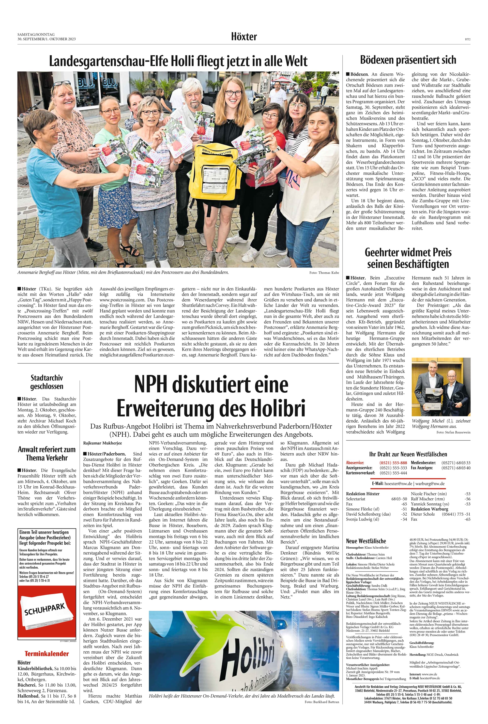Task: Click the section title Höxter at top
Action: coord(244,37)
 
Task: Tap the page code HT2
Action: coord(467,39)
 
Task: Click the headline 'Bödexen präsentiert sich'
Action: coord(408,60)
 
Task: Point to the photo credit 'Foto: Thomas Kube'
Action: coord(324,273)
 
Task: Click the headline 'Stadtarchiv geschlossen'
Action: coord(47,382)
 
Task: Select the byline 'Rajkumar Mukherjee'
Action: coord(103,443)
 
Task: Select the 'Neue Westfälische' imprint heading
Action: coord(366,541)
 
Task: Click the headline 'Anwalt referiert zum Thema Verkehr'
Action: coord(47,454)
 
